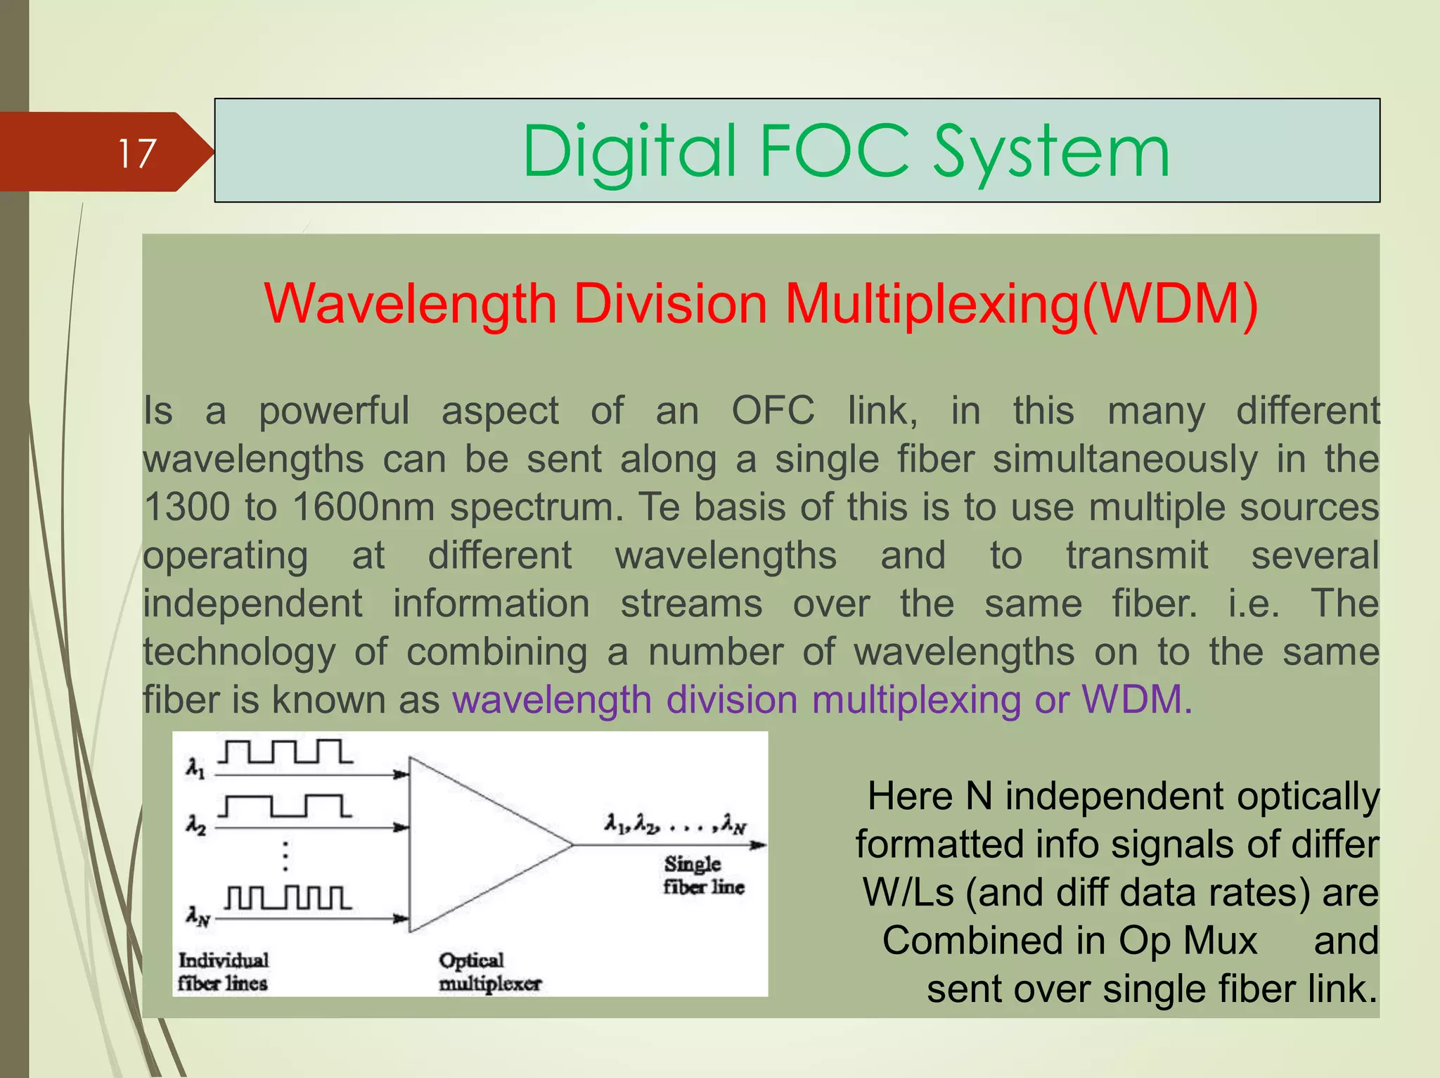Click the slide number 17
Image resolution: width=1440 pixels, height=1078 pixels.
pos(136,153)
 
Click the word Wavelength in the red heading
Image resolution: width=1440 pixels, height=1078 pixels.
pos(411,304)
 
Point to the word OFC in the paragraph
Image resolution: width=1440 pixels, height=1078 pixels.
pos(773,410)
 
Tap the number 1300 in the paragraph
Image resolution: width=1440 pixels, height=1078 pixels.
pos(186,507)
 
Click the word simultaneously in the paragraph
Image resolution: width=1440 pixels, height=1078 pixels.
pos(1125,459)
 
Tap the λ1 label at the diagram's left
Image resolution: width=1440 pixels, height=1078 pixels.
pos(195,768)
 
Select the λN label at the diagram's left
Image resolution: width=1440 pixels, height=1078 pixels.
pos(198,916)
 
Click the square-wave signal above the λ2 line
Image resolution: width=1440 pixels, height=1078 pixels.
pos(284,806)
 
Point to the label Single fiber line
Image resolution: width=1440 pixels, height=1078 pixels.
pos(703,875)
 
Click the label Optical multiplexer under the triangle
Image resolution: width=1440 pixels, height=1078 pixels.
pos(489,972)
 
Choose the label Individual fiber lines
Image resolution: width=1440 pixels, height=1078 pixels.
pos(223,972)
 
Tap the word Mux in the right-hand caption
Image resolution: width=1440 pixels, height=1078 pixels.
pos(1221,941)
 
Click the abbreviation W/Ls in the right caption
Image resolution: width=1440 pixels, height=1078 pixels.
pos(908,892)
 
